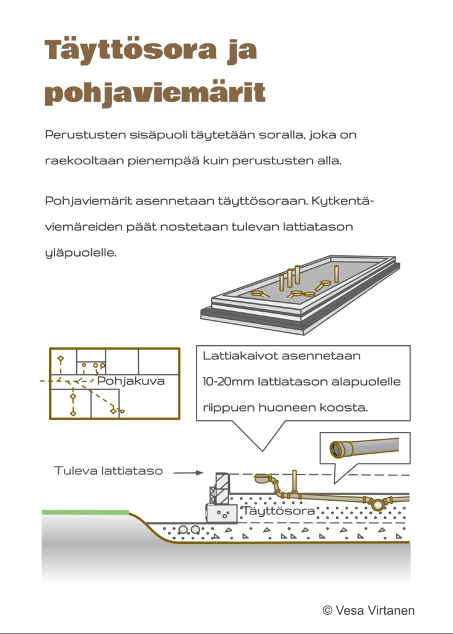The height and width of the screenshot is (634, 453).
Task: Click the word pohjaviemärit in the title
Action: pyautogui.click(x=155, y=92)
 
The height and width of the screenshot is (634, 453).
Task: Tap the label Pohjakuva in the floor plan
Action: pyautogui.click(x=131, y=381)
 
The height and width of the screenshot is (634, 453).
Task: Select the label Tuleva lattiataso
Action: pyautogui.click(x=108, y=470)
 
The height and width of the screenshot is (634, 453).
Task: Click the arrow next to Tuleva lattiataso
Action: pyautogui.click(x=188, y=472)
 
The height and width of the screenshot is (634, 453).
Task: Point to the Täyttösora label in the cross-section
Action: pyautogui.click(x=278, y=511)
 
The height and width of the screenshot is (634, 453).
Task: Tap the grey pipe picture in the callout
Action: pyautogui.click(x=364, y=447)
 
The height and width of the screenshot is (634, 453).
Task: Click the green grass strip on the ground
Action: pyautogui.click(x=86, y=513)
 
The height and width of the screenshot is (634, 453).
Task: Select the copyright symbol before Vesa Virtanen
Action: pyautogui.click(x=327, y=610)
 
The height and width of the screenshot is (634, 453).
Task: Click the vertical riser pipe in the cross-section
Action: pyautogui.click(x=294, y=482)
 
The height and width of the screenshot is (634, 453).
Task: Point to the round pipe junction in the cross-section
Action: pyautogui.click(x=377, y=504)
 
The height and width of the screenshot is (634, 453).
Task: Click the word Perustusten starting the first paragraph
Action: pyautogui.click(x=86, y=134)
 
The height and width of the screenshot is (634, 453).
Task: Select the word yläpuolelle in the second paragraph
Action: pyautogui.click(x=81, y=253)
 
